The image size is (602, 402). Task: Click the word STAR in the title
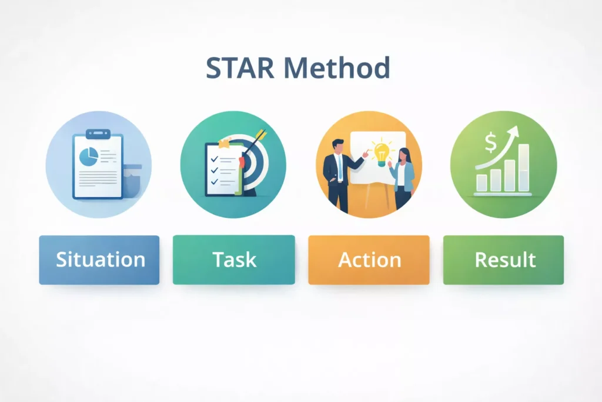pyautogui.click(x=240, y=68)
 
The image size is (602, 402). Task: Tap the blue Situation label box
pyautogui.click(x=99, y=260)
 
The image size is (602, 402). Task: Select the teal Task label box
pyautogui.click(x=234, y=260)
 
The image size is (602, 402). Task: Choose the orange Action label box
pyautogui.click(x=369, y=260)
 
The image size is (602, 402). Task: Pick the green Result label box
pyautogui.click(x=503, y=260)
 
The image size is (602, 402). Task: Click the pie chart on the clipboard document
pyautogui.click(x=89, y=157)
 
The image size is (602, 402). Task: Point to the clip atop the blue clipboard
pyautogui.click(x=98, y=134)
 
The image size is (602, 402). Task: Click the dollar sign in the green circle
pyautogui.click(x=491, y=142)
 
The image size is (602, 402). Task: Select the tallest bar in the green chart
pyautogui.click(x=524, y=168)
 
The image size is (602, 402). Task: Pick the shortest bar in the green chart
pyautogui.click(x=481, y=183)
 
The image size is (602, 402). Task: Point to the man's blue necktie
pyautogui.click(x=340, y=168)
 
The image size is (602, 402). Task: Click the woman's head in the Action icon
pyautogui.click(x=404, y=155)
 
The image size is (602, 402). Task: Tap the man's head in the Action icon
pyautogui.click(x=338, y=147)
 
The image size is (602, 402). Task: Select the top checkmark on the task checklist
pyautogui.click(x=215, y=159)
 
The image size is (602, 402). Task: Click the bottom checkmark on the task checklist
pyautogui.click(x=215, y=181)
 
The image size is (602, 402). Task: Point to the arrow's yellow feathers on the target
pyautogui.click(x=261, y=134)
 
